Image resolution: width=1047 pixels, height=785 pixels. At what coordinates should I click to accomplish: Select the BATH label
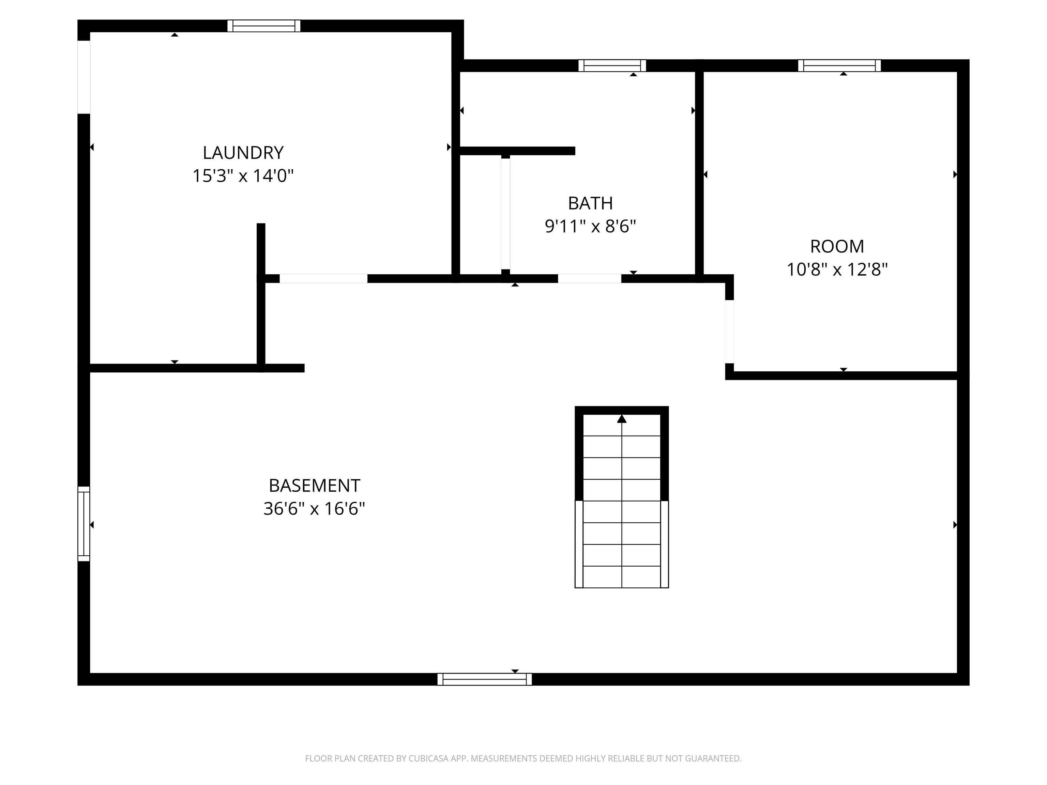point(590,203)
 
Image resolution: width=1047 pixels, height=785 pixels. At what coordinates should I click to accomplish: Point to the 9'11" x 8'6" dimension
point(590,227)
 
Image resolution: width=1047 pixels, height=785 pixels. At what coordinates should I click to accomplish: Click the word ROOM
point(837,247)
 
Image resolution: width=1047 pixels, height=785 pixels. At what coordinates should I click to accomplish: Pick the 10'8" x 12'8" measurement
point(837,270)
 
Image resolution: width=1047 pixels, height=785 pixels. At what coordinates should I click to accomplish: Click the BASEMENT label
point(314,486)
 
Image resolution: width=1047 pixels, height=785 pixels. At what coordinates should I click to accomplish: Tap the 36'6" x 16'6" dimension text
point(314,509)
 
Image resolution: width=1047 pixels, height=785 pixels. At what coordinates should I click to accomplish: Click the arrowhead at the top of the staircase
point(621,419)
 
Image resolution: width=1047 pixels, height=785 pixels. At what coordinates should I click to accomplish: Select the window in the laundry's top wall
point(264,26)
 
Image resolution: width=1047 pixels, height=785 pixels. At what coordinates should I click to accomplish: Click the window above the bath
point(612,66)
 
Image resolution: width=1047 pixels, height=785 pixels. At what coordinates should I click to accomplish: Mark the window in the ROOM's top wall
point(839,66)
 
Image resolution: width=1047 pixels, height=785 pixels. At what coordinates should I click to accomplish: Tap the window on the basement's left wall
point(84,524)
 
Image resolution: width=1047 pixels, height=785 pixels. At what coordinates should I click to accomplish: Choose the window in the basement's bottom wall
point(484,679)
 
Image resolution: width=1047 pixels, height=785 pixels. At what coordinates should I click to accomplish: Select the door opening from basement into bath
point(589,279)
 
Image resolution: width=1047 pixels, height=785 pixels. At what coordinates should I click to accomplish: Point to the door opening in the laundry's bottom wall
point(323,279)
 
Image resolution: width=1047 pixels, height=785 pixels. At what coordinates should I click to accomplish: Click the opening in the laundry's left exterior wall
point(84,77)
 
